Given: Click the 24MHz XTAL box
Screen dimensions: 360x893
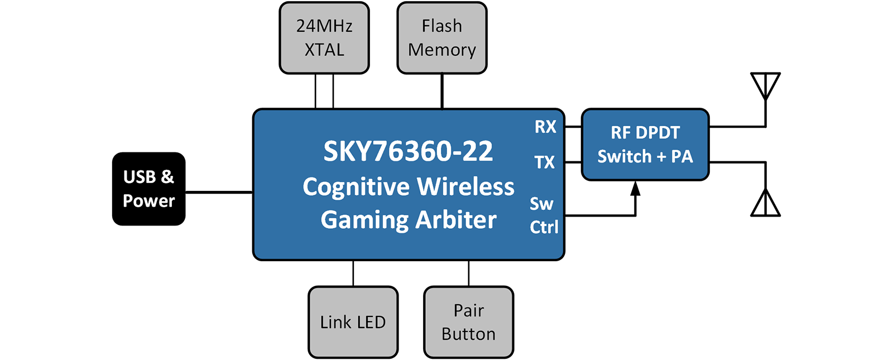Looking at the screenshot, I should (x=324, y=38).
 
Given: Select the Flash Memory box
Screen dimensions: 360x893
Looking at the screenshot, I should (x=442, y=38).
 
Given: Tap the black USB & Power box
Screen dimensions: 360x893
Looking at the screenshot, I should (x=148, y=189).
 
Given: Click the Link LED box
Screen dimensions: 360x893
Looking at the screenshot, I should (x=353, y=322).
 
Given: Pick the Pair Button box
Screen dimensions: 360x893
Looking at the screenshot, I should (x=468, y=322).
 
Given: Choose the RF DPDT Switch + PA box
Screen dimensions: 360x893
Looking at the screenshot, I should (x=645, y=145).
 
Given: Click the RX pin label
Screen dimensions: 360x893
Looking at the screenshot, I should (x=545, y=127).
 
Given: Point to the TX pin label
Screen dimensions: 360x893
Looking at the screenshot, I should (x=545, y=162).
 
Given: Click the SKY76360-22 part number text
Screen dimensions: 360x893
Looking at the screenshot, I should (x=408, y=151).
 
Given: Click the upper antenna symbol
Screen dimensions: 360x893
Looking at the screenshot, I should (x=765, y=87).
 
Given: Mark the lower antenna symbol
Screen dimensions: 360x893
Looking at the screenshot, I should (x=765, y=203).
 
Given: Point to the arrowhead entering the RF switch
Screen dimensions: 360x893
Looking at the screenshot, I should (x=635, y=189).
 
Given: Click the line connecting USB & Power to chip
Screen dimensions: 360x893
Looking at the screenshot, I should (x=219, y=193).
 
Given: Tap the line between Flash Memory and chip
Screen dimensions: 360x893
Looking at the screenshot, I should (x=442, y=91).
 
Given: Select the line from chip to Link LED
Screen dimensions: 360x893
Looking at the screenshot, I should (x=353, y=273).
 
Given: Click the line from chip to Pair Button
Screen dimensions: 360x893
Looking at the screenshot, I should (x=469, y=273).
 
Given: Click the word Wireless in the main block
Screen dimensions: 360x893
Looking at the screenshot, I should (x=465, y=186).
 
